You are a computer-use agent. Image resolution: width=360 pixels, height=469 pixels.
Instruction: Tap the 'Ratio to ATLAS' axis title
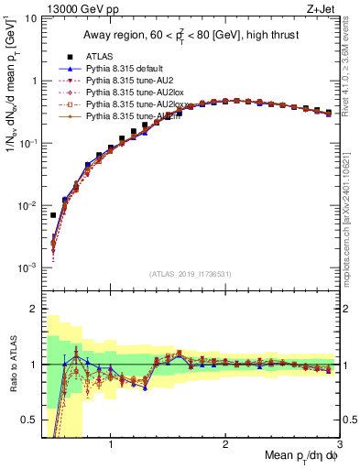coord(12,365)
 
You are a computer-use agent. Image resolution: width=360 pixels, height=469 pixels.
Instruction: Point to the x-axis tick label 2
coord(225,444)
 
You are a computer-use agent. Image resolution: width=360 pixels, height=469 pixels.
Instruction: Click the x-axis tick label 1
coord(111,444)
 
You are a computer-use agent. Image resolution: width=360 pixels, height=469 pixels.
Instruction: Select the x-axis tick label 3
coord(339,444)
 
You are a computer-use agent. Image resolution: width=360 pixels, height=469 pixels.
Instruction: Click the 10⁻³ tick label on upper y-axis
coord(26,267)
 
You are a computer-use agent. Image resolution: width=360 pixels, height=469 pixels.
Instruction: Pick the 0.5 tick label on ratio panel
coord(28,420)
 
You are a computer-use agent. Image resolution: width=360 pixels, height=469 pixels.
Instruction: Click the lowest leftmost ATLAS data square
coord(53,215)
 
